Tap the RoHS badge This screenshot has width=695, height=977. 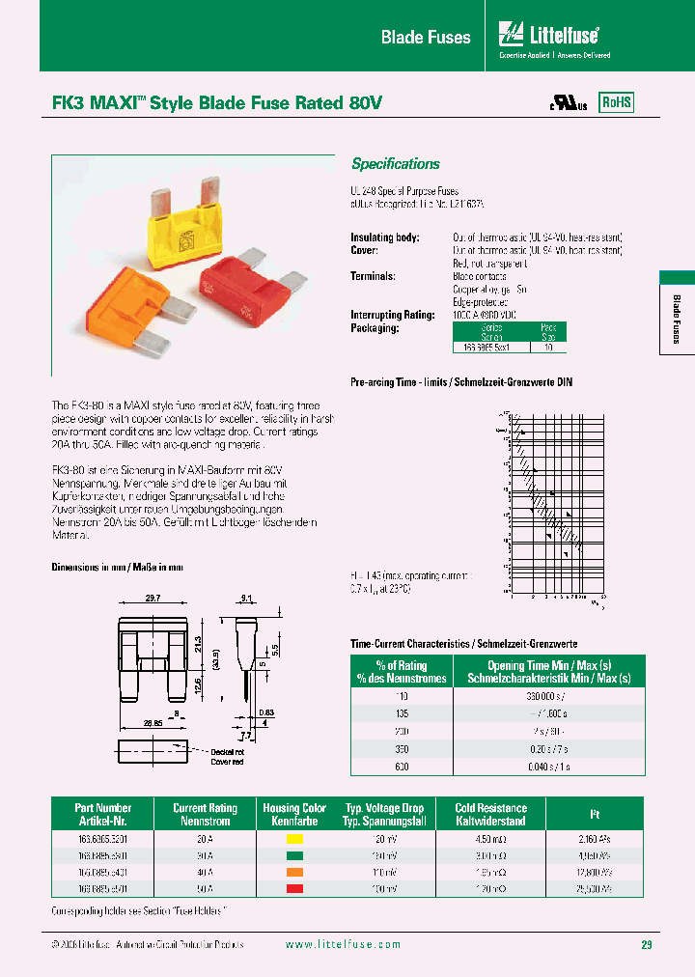(617, 102)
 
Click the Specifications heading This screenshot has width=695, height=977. (395, 164)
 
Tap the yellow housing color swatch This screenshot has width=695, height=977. (294, 839)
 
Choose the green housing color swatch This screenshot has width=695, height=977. (294, 855)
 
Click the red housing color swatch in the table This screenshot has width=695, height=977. (294, 887)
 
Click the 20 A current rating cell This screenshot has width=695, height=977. (204, 839)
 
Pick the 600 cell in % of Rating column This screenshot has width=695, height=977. (402, 766)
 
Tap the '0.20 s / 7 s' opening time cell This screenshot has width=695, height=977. (548, 748)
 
